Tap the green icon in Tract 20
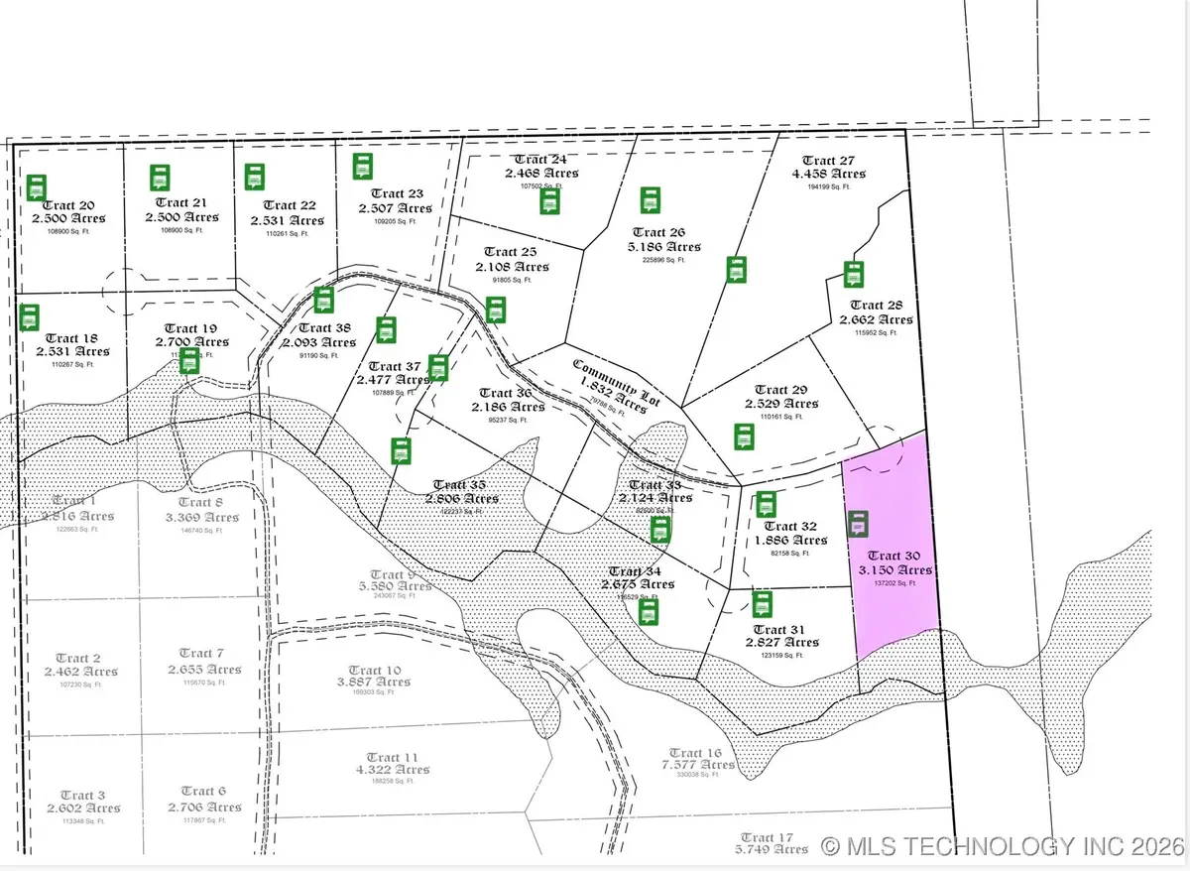38,187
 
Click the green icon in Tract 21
160,179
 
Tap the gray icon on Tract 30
859,523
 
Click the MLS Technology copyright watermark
1005,846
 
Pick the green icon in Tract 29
743,436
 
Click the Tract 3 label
82,796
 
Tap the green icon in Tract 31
763,604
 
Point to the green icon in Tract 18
31,317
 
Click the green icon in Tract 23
364,166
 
